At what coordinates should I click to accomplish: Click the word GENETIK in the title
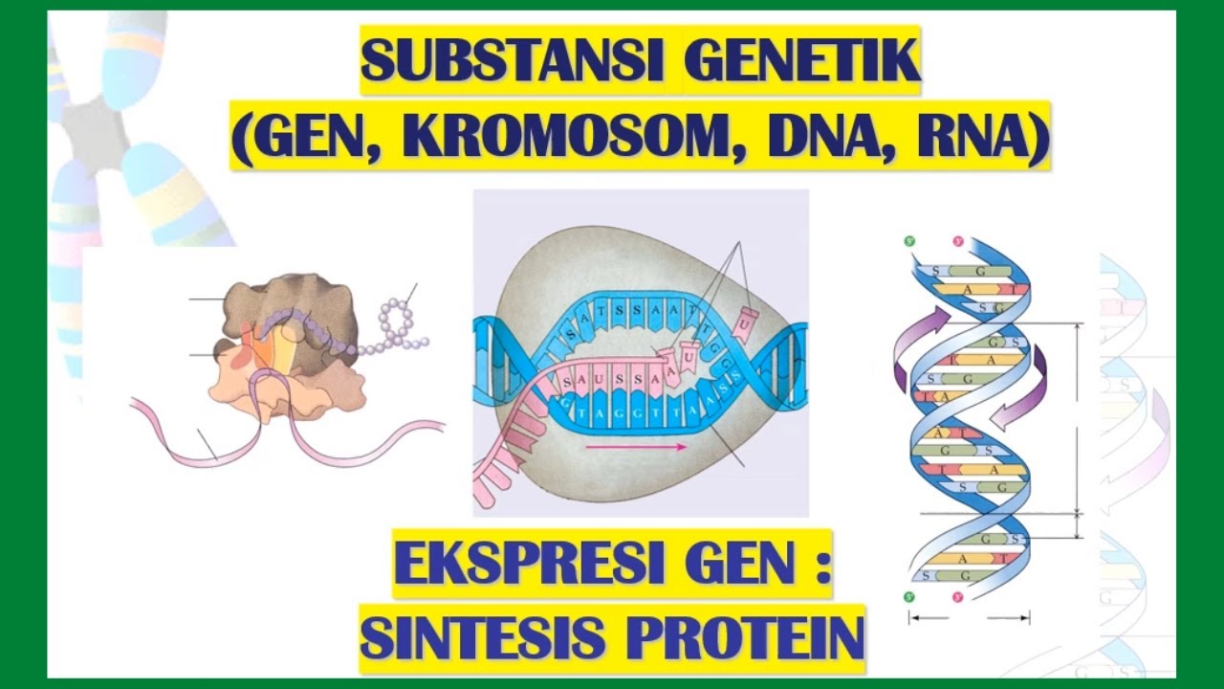click(801, 60)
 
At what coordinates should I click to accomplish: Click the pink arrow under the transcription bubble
click(635, 447)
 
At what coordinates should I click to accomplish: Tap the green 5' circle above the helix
click(909, 242)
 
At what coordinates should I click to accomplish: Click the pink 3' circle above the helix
click(956, 242)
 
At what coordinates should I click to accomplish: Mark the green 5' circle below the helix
click(909, 596)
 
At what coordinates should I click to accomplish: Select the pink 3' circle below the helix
click(956, 597)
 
